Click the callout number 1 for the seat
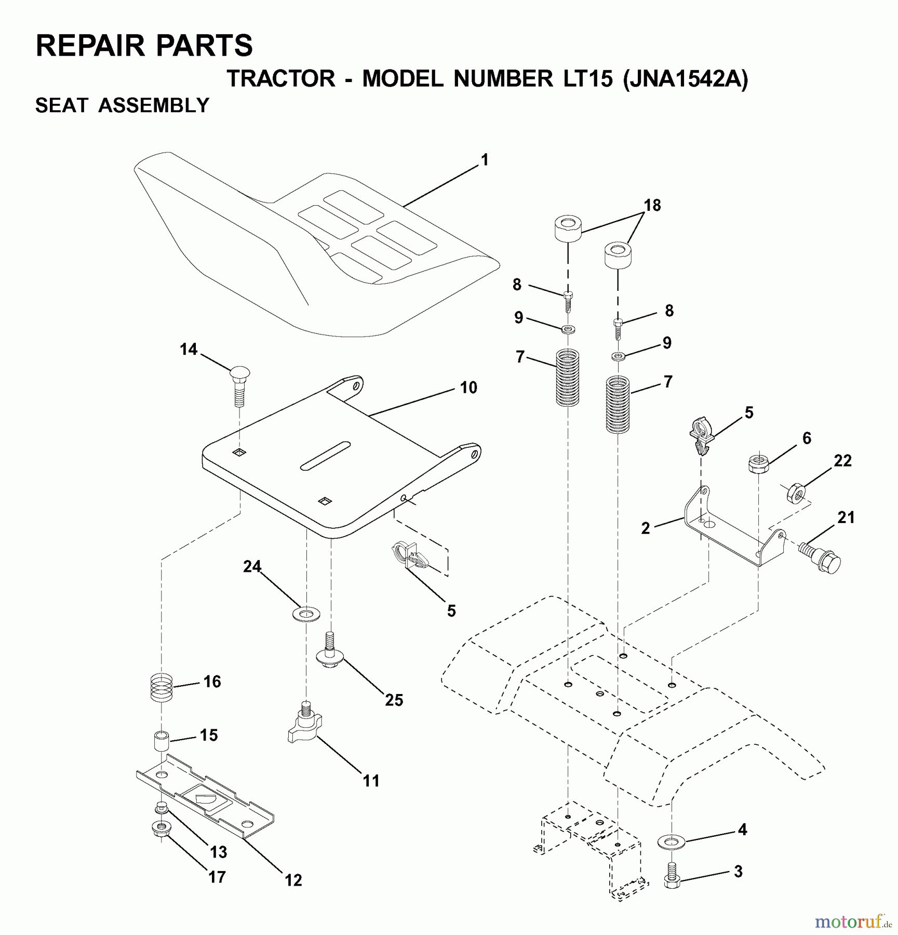485,160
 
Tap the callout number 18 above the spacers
652,206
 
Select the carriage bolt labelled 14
239,384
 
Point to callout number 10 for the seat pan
468,388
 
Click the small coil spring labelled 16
161,687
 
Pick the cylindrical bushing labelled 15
162,740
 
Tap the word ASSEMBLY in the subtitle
154,106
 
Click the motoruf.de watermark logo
852,921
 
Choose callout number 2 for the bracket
646,528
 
